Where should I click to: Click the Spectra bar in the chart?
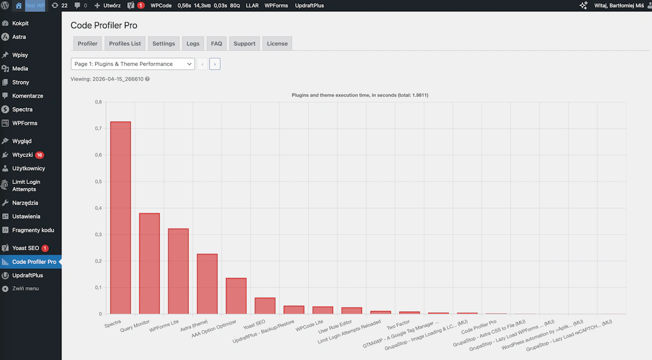[x=121, y=218]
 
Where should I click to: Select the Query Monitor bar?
[x=149, y=263]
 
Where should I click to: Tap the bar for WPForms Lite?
[x=178, y=271]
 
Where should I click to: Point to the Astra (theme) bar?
[x=207, y=284]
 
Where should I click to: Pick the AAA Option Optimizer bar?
[x=236, y=296]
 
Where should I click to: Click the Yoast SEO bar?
[x=265, y=306]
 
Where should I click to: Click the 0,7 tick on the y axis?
[x=98, y=129]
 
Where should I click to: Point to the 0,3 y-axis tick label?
[x=98, y=235]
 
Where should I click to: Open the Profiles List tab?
[x=125, y=43]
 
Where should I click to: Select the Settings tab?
[x=164, y=43]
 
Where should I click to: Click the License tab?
[x=277, y=43]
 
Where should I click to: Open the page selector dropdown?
[x=133, y=64]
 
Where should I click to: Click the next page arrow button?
[x=215, y=64]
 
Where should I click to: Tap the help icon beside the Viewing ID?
[x=147, y=79]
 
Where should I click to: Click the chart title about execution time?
[x=360, y=95]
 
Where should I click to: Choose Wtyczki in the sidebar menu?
[x=23, y=155]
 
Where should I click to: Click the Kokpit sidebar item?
[x=21, y=23]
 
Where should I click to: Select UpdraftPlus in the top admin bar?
[x=309, y=5]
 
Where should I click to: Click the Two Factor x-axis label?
[x=398, y=325]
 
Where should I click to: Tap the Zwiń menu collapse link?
[x=26, y=288]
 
